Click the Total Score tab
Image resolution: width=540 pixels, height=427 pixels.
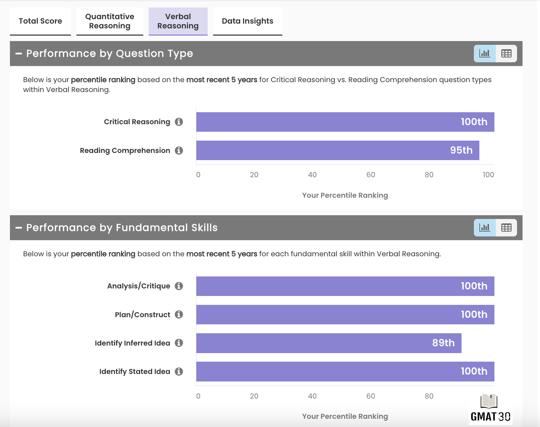coord(40,21)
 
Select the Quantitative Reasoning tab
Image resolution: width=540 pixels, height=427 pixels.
coord(110,21)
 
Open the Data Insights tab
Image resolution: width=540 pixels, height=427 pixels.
coord(247,21)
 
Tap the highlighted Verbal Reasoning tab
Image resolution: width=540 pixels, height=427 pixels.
coord(178,21)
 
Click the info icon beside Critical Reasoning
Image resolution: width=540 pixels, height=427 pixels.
coord(179,122)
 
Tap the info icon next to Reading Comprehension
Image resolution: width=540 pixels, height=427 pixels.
coord(179,151)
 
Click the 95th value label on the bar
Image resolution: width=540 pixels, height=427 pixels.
coord(461,150)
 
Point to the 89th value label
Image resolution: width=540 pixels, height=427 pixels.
coord(443,343)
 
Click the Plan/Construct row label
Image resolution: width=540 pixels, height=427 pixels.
coord(142,315)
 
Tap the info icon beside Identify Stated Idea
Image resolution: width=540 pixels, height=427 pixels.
coord(179,372)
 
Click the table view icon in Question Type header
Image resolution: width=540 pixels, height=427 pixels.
coord(506,53)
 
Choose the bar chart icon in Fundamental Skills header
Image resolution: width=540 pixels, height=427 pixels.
coord(484,228)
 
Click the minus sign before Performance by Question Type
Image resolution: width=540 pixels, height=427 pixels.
coord(19,54)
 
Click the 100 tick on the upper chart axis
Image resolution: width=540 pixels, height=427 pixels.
coord(488,175)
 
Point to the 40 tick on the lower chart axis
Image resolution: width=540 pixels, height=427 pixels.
coord(312,396)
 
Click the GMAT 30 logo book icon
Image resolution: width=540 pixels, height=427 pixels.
coord(489,401)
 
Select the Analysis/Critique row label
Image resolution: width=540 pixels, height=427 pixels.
coord(138,286)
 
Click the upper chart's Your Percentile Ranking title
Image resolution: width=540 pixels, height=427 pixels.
coord(345,195)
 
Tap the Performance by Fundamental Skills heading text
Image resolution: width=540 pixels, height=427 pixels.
coord(122,228)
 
